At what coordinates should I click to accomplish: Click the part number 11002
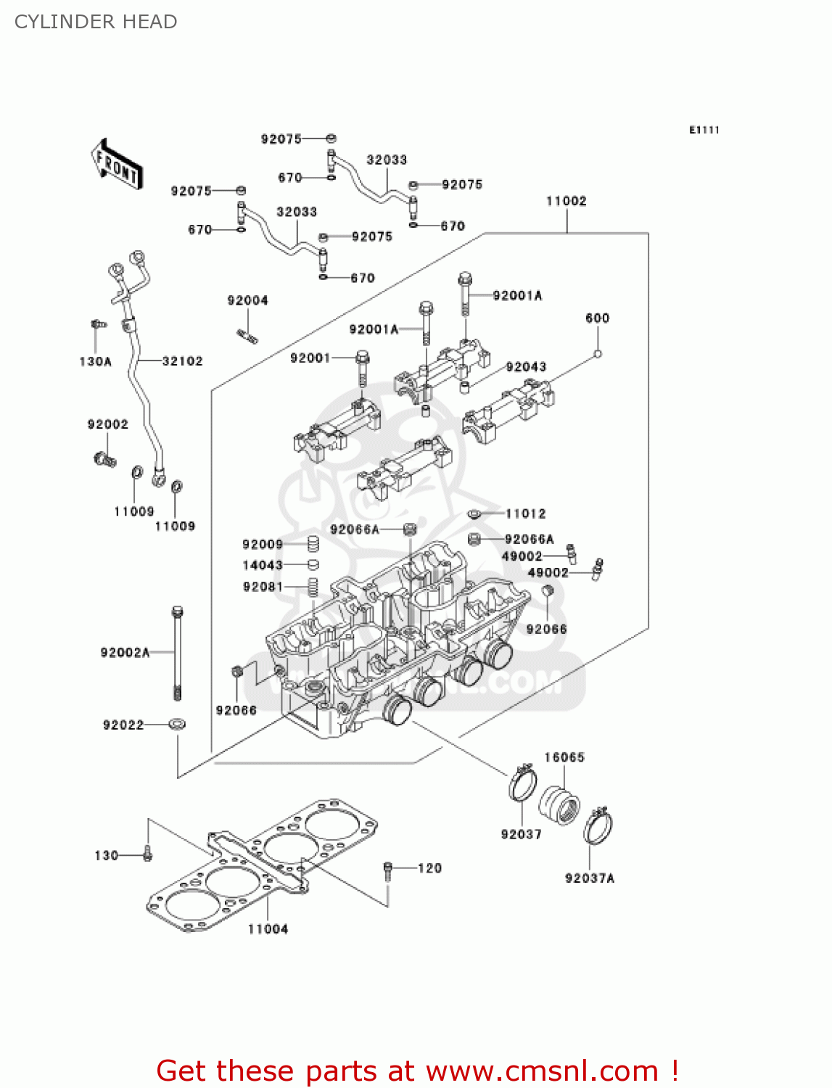pyautogui.click(x=567, y=201)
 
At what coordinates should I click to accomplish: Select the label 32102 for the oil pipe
pyautogui.click(x=182, y=361)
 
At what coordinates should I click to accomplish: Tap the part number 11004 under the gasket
pyautogui.click(x=268, y=929)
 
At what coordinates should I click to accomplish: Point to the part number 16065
pyautogui.click(x=564, y=757)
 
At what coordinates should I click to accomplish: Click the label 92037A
pyautogui.click(x=590, y=878)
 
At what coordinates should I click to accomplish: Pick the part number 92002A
pyautogui.click(x=125, y=653)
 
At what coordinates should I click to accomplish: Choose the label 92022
pyautogui.click(x=123, y=725)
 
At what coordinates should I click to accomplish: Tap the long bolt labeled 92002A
pyautogui.click(x=177, y=653)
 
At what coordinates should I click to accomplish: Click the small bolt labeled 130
pyautogui.click(x=147, y=854)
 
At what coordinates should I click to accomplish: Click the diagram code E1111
pyautogui.click(x=704, y=130)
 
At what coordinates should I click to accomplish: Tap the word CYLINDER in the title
pyautogui.click(x=55, y=22)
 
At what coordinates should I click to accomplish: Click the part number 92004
pyautogui.click(x=247, y=300)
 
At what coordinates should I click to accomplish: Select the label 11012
pyautogui.click(x=525, y=514)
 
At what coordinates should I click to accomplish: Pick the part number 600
pyautogui.click(x=597, y=318)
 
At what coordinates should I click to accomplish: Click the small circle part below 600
pyautogui.click(x=598, y=354)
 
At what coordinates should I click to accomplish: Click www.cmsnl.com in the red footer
pyautogui.click(x=542, y=1071)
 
